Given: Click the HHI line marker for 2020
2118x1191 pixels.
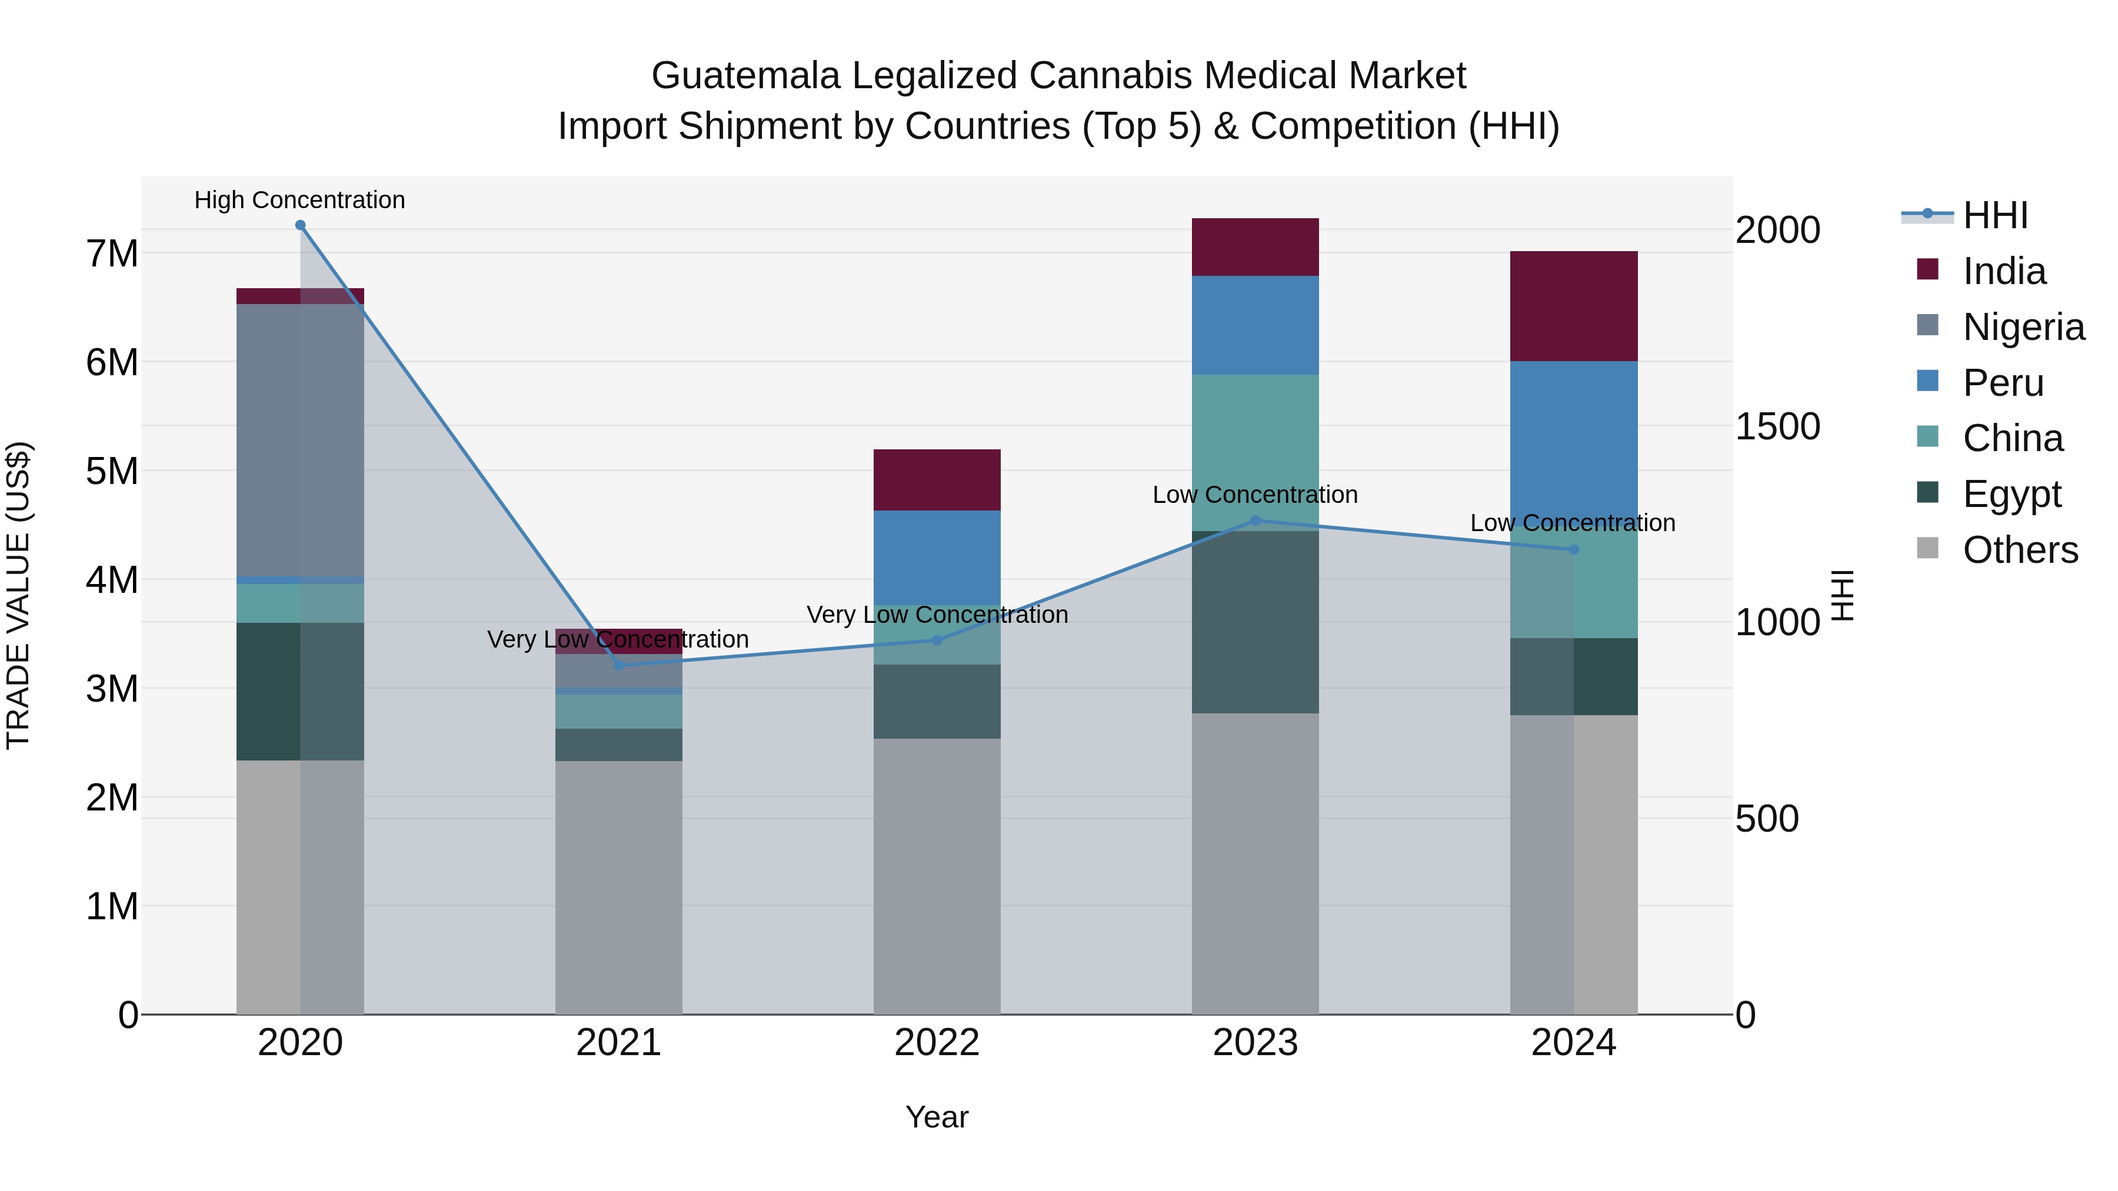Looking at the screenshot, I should (300, 225).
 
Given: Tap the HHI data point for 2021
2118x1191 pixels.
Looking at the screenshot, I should (619, 665).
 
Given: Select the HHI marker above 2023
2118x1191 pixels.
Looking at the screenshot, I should (1255, 521).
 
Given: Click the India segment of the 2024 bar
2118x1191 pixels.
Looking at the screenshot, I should (1574, 306).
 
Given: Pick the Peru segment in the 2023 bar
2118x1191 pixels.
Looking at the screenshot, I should (1255, 325).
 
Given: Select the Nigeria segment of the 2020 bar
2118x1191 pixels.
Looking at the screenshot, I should (300, 440).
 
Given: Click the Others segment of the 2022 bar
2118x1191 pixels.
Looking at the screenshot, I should (937, 875).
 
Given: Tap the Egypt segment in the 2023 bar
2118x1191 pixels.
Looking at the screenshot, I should (1255, 622).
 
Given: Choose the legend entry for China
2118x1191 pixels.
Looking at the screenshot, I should (2012, 438).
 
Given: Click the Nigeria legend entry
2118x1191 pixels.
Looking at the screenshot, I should (2023, 327).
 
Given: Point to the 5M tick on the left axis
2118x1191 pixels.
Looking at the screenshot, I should (112, 471).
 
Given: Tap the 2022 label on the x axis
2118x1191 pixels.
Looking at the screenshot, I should (937, 1043).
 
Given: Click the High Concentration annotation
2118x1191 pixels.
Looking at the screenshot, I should (299, 200).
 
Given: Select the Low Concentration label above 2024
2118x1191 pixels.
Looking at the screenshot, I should (1572, 523).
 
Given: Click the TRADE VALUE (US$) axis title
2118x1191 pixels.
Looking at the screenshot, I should (18, 595).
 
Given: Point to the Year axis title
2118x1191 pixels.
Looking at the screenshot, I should (937, 1117).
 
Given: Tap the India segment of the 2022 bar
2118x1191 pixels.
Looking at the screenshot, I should (937, 479).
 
